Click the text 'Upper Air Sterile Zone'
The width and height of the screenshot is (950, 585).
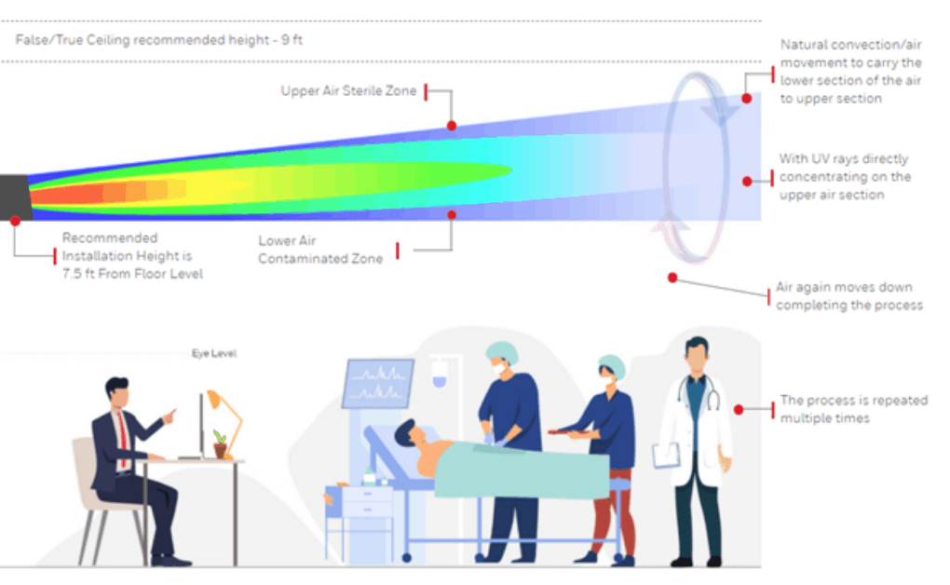[348, 91]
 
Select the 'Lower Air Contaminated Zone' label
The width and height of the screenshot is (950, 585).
[320, 250]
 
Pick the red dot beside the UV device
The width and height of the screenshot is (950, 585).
[15, 221]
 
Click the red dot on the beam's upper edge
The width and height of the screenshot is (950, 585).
[452, 125]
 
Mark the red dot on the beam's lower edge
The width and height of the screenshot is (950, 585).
[452, 214]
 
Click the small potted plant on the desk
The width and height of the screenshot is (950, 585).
[220, 445]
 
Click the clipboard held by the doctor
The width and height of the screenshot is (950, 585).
[666, 456]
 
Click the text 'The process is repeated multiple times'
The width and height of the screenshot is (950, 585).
[853, 409]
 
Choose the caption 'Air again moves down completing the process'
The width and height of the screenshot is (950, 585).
[848, 296]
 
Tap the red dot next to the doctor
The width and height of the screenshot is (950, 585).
[739, 409]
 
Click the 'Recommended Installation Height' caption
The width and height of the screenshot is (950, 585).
[131, 256]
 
